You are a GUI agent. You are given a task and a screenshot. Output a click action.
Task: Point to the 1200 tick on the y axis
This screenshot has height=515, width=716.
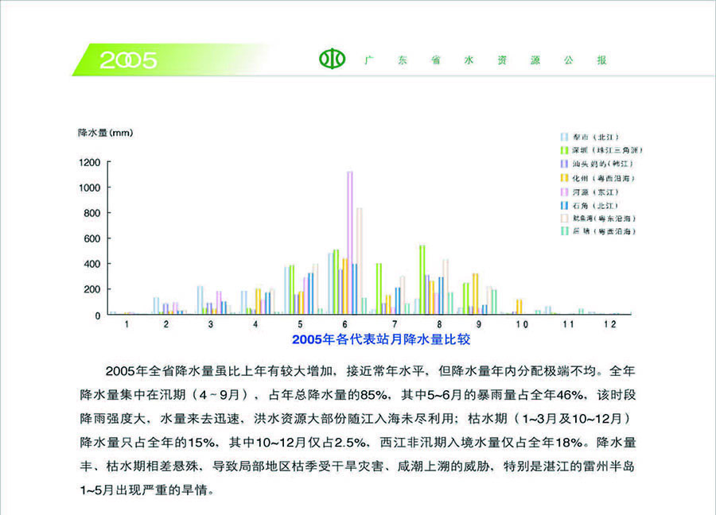tap(89, 162)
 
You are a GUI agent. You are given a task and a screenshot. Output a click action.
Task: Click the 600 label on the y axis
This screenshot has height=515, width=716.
tap(92, 238)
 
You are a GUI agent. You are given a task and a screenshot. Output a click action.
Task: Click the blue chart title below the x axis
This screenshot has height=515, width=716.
tap(381, 340)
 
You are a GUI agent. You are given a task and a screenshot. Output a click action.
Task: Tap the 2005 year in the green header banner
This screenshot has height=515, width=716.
tap(128, 60)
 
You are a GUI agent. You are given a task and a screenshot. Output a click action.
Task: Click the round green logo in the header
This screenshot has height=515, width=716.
tap(333, 59)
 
